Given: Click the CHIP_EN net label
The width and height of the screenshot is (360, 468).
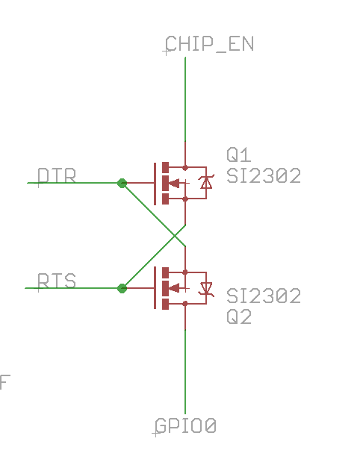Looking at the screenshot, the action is (209, 44).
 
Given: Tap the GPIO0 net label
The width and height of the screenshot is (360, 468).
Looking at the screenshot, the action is (186, 425).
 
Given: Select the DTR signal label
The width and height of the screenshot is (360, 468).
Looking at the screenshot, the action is (57, 175).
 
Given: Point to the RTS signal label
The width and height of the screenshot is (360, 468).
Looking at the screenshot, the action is (57, 281).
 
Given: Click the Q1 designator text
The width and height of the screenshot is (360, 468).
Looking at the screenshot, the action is (239, 155).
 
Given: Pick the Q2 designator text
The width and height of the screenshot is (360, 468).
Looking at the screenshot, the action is (239, 317).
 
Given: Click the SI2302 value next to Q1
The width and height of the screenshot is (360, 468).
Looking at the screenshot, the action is (264, 176).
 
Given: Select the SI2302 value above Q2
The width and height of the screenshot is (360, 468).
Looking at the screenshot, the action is (264, 296).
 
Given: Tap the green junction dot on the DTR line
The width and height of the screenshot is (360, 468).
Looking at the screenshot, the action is (122, 183).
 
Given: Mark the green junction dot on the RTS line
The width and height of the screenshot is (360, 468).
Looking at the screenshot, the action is (122, 288).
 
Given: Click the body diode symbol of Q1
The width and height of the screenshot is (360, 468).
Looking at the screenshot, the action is (206, 183).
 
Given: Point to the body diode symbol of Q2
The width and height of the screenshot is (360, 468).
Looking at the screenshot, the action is (206, 289).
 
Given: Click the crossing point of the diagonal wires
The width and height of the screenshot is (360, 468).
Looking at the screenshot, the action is (175, 236).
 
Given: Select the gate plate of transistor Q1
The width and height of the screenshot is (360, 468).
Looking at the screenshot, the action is (155, 184).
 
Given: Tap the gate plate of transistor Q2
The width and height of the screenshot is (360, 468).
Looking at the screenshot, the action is (155, 287).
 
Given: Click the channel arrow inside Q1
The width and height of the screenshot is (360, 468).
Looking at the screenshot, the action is (174, 183).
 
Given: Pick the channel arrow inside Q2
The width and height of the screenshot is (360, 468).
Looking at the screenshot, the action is (174, 288).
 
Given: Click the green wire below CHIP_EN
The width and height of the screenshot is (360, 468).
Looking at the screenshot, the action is (185, 99).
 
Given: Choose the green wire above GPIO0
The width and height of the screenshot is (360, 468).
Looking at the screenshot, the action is (185, 372).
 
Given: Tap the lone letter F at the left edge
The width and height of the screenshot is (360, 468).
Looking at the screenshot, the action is (4, 382).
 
